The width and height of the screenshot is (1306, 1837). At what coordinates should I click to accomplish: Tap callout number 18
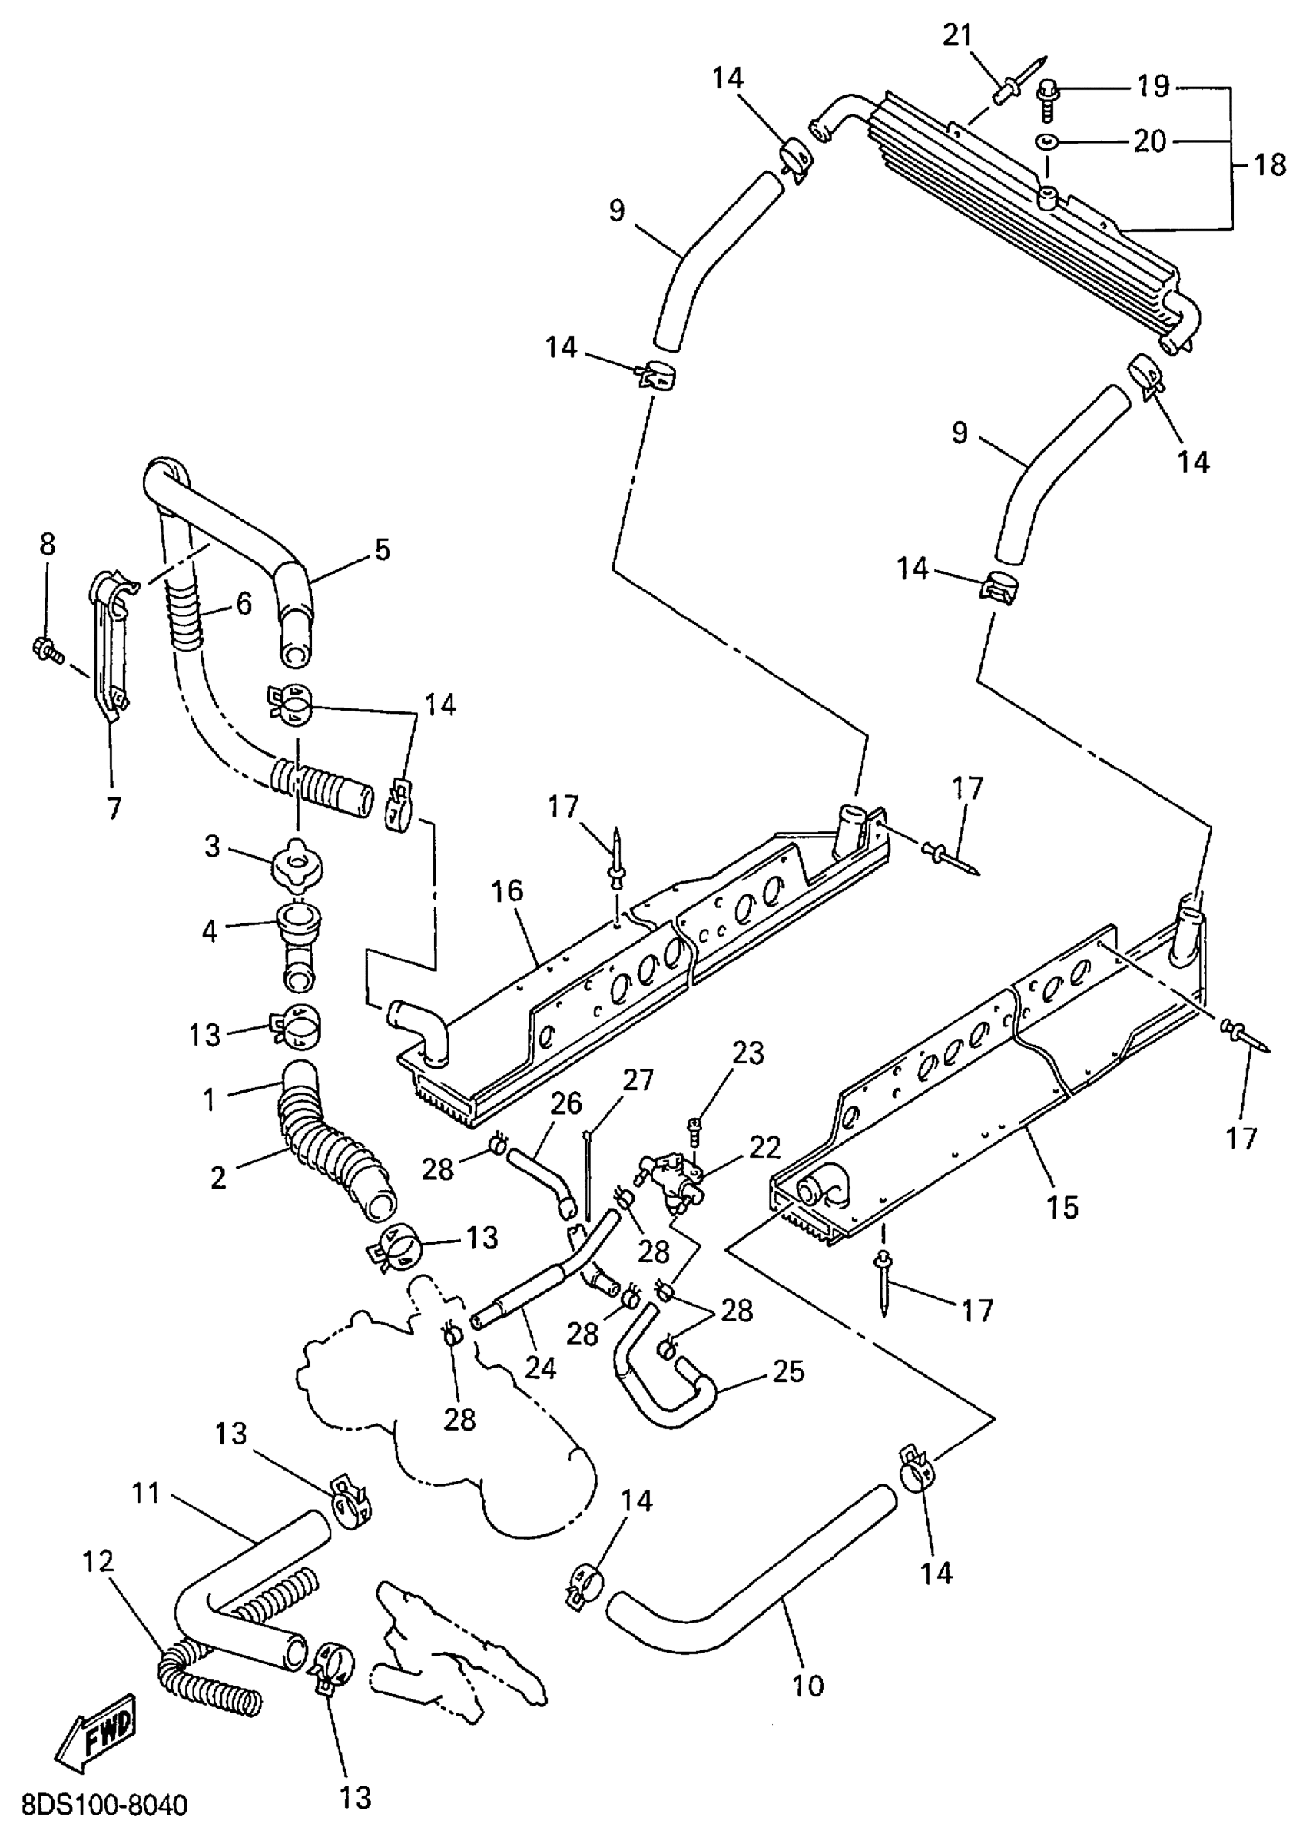[1271, 166]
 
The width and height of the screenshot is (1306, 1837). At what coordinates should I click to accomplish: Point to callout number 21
[957, 36]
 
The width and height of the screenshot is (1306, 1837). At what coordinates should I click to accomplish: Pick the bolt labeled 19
[1049, 100]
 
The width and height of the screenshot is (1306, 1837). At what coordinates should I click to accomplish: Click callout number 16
[509, 891]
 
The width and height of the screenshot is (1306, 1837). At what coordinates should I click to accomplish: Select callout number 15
[1062, 1207]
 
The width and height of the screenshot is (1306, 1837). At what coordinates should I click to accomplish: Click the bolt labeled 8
[47, 647]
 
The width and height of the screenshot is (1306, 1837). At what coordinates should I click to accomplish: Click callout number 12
[98, 1562]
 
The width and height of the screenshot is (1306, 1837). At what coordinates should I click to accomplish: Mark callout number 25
[787, 1371]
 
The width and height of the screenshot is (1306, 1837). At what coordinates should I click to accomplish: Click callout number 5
[382, 550]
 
